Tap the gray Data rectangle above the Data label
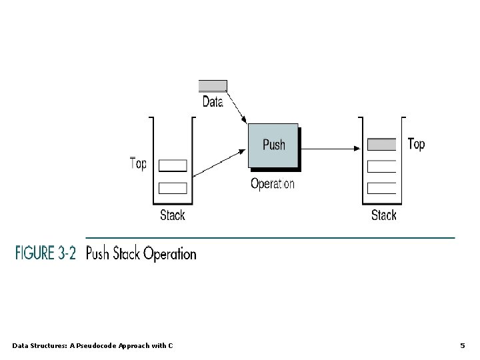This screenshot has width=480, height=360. click(x=213, y=86)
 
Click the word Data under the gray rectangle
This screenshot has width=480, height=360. click(x=213, y=102)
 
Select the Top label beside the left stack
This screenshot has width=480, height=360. click(x=138, y=164)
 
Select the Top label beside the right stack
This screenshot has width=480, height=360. click(x=415, y=144)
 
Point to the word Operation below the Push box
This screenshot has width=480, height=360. click(x=272, y=184)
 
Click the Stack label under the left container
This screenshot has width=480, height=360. click(x=173, y=215)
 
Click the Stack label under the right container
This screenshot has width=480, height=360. click(x=383, y=215)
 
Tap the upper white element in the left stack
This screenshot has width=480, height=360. click(x=173, y=165)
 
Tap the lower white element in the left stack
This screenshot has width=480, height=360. click(x=173, y=187)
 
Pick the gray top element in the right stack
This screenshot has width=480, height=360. click(x=382, y=144)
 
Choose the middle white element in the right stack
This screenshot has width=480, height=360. click(x=382, y=165)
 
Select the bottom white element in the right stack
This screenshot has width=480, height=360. click(x=382, y=187)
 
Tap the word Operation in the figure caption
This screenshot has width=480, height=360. click(x=170, y=255)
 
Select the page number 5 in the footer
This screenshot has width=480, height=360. click(x=463, y=345)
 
